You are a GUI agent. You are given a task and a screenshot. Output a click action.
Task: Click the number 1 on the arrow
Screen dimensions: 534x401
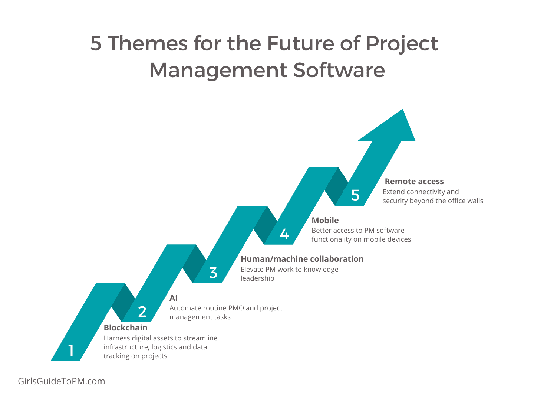tap(71, 350)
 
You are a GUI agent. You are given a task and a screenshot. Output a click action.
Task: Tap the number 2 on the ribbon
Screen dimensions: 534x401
tap(142, 312)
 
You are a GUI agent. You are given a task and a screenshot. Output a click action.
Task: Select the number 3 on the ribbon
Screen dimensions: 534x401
tap(213, 273)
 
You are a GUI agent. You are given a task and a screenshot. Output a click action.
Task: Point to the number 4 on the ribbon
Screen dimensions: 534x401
tap(284, 234)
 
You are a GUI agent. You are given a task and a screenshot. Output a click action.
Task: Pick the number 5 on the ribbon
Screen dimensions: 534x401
tap(355, 195)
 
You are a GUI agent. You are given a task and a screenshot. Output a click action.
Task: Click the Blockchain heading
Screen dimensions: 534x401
tap(126, 327)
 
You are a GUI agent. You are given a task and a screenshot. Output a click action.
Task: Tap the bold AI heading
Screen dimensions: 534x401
tap(174, 298)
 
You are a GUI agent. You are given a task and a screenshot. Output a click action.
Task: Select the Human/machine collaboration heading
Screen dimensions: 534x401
tap(302, 259)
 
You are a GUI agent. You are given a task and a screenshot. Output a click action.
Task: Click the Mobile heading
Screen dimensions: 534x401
tap(325, 220)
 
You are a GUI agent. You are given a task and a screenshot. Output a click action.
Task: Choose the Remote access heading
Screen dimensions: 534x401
tap(414, 181)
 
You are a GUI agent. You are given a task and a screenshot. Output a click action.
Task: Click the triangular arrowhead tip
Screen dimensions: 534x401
tap(403, 109)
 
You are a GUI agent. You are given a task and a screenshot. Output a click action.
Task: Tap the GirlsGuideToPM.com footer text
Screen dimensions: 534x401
tap(62, 381)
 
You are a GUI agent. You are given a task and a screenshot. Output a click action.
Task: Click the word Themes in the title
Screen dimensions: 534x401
tap(148, 43)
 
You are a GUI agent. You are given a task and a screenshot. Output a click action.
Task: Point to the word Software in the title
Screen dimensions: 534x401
tap(339, 70)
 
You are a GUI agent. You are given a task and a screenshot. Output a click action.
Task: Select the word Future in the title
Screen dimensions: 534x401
tap(301, 43)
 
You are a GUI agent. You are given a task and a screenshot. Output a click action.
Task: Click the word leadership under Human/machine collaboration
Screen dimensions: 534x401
tap(257, 278)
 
